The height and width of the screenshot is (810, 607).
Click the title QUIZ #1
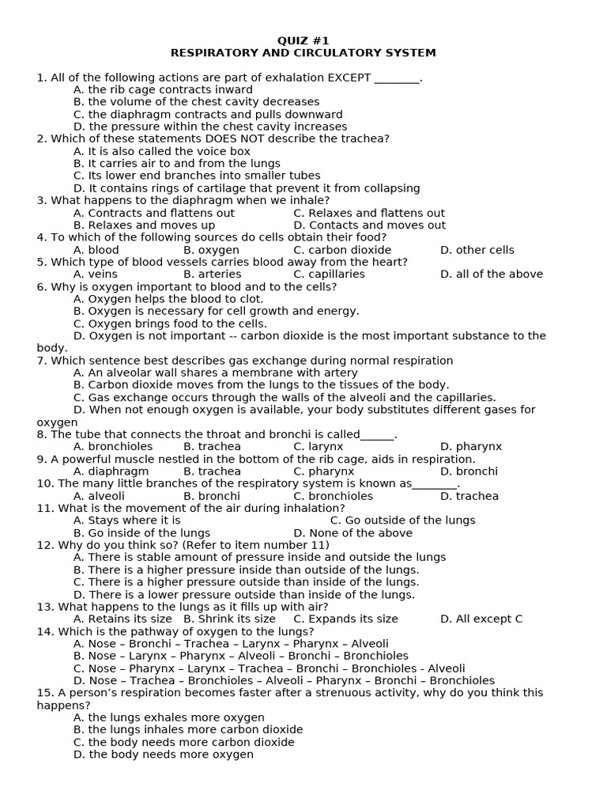303,40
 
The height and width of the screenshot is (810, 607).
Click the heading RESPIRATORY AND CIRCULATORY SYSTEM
303,53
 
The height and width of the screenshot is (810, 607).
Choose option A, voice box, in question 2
162,151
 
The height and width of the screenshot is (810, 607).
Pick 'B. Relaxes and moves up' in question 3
144,225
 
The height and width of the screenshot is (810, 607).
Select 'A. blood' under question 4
96,250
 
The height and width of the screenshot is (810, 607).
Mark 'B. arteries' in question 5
212,274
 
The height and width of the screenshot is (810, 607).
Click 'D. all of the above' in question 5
492,274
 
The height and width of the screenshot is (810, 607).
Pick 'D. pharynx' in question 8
471,447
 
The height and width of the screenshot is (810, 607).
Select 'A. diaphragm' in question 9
111,471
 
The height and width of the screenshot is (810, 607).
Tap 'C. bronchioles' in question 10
333,496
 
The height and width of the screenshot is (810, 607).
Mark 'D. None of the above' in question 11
353,533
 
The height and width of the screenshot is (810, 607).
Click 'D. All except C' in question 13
481,619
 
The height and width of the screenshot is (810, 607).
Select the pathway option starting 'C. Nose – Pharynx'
269,668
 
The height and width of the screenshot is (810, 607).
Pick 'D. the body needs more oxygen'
164,755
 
